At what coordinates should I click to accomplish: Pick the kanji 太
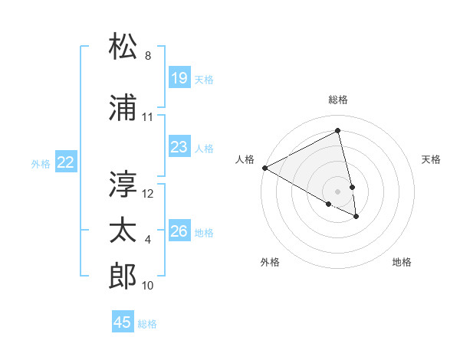123,230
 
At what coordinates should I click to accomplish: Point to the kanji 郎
123,276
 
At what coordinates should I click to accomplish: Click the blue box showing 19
179,78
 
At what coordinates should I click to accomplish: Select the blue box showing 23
179,147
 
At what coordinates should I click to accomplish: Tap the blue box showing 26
179,231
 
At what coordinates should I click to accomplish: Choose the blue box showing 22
65,162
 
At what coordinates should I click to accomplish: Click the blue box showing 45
123,322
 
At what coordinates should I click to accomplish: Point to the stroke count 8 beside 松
148,56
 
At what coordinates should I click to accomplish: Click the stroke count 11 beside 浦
148,117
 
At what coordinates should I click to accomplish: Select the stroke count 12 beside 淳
148,194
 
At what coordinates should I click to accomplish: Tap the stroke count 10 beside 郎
148,286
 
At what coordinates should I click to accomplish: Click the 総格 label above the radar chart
338,100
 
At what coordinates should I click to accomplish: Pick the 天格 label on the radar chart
431,159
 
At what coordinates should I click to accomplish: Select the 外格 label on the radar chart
270,262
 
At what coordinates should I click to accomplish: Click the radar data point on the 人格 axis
264,167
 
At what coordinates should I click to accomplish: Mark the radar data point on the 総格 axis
338,131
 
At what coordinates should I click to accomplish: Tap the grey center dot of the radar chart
338,191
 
